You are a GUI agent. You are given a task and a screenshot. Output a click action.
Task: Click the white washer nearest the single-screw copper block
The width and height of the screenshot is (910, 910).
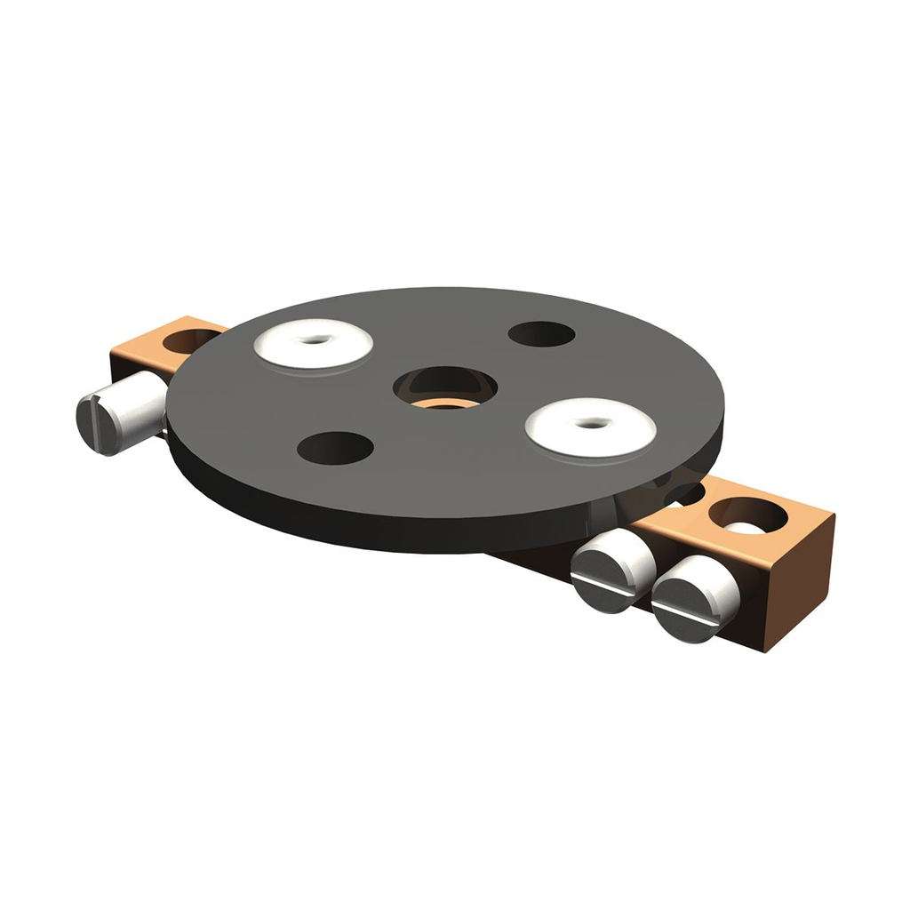point(313,343)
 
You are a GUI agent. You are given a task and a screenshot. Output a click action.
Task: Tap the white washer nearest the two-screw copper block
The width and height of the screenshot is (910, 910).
point(590,427)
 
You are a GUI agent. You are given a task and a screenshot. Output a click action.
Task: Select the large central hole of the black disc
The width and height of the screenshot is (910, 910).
point(444,389)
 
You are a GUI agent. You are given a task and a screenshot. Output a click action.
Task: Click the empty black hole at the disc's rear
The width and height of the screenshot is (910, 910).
point(541,334)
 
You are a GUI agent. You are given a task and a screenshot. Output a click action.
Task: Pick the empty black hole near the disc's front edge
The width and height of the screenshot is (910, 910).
point(335,448)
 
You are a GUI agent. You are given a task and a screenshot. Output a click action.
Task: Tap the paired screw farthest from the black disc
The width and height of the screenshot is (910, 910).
point(695,599)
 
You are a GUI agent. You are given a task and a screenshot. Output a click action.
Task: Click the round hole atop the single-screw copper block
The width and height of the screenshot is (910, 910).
point(192,339)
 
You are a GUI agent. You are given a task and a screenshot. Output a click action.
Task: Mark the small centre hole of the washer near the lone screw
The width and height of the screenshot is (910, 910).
point(315,339)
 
